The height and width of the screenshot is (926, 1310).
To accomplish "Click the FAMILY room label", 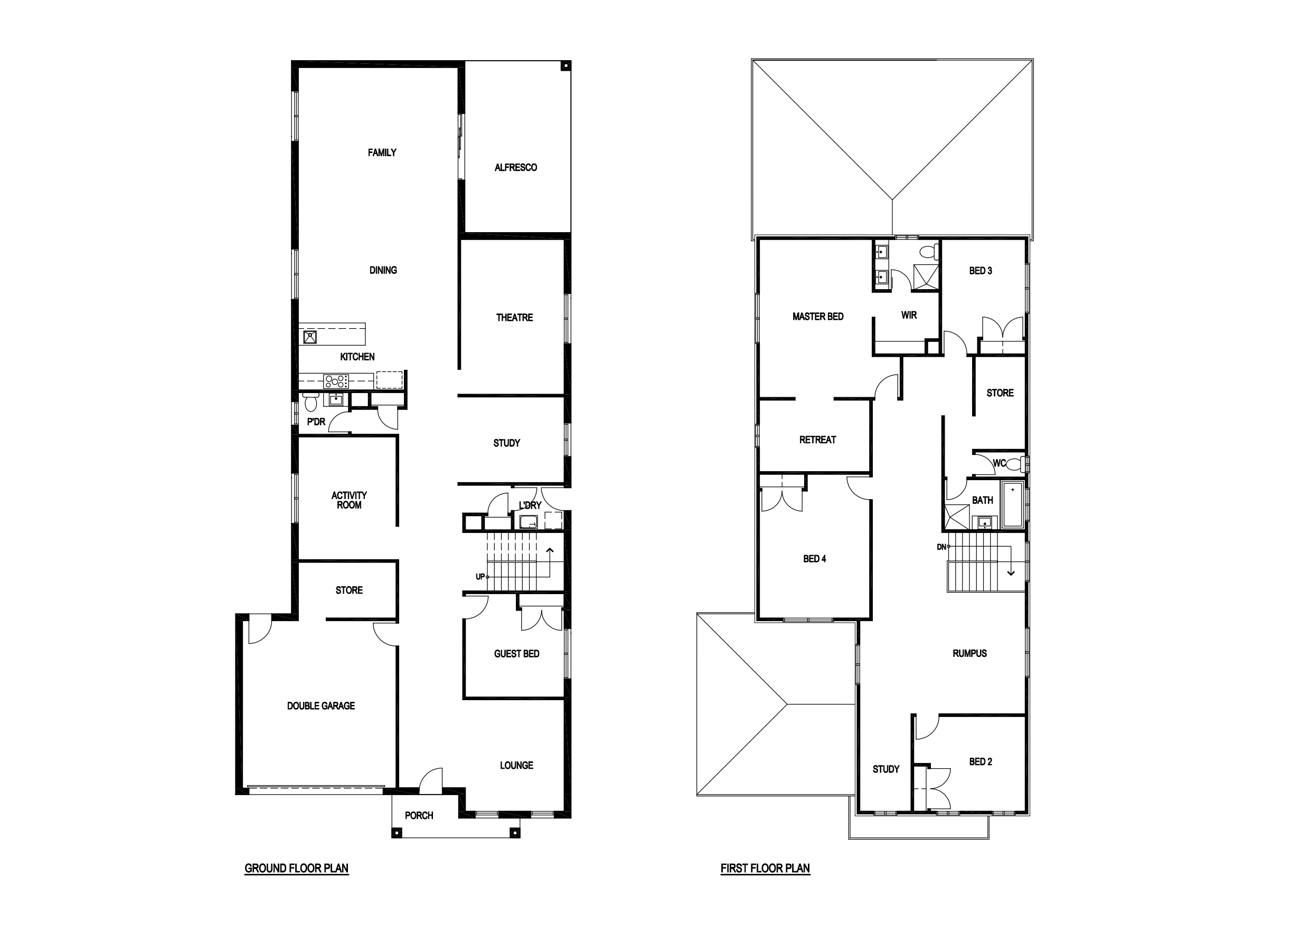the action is [x=382, y=153].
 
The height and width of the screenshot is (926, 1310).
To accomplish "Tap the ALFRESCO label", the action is [x=516, y=168].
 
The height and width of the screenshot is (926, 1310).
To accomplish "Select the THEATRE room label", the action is [x=514, y=318].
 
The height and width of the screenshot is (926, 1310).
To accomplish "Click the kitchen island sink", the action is [x=310, y=337].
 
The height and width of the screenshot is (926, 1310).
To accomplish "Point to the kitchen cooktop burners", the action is [x=336, y=381].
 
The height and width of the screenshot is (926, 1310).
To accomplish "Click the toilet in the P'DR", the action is [x=311, y=402].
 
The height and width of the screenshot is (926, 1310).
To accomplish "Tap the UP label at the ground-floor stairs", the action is [x=480, y=577].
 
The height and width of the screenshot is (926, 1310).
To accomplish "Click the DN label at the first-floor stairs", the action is [x=941, y=547].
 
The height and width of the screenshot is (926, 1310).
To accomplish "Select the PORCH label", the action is [x=419, y=816].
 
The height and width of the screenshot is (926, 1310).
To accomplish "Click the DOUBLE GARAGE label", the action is [x=321, y=706].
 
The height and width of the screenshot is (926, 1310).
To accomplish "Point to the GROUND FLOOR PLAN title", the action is [x=296, y=868].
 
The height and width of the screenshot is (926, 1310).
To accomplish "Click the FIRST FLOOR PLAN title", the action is [x=765, y=868].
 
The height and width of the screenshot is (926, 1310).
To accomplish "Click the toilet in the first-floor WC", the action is [x=1015, y=464].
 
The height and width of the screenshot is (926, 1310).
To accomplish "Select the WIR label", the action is [x=909, y=316].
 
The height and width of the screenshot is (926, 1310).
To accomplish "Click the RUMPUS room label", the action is [x=969, y=653].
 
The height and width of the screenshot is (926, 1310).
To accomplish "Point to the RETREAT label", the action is [x=817, y=440].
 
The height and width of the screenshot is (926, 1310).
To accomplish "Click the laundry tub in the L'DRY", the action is [x=529, y=521].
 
